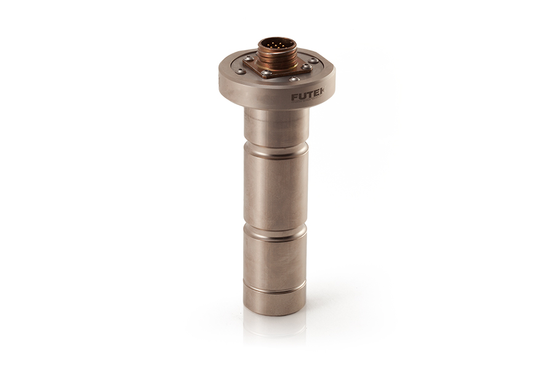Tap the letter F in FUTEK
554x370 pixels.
coord(295,97)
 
